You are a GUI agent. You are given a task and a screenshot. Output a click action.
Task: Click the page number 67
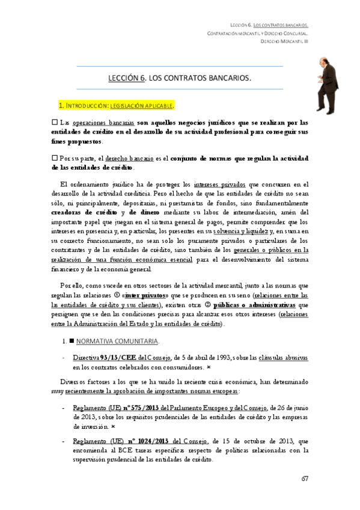click(x=305, y=479)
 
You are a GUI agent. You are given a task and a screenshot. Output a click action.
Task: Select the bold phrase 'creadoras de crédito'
click(x=85, y=212)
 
